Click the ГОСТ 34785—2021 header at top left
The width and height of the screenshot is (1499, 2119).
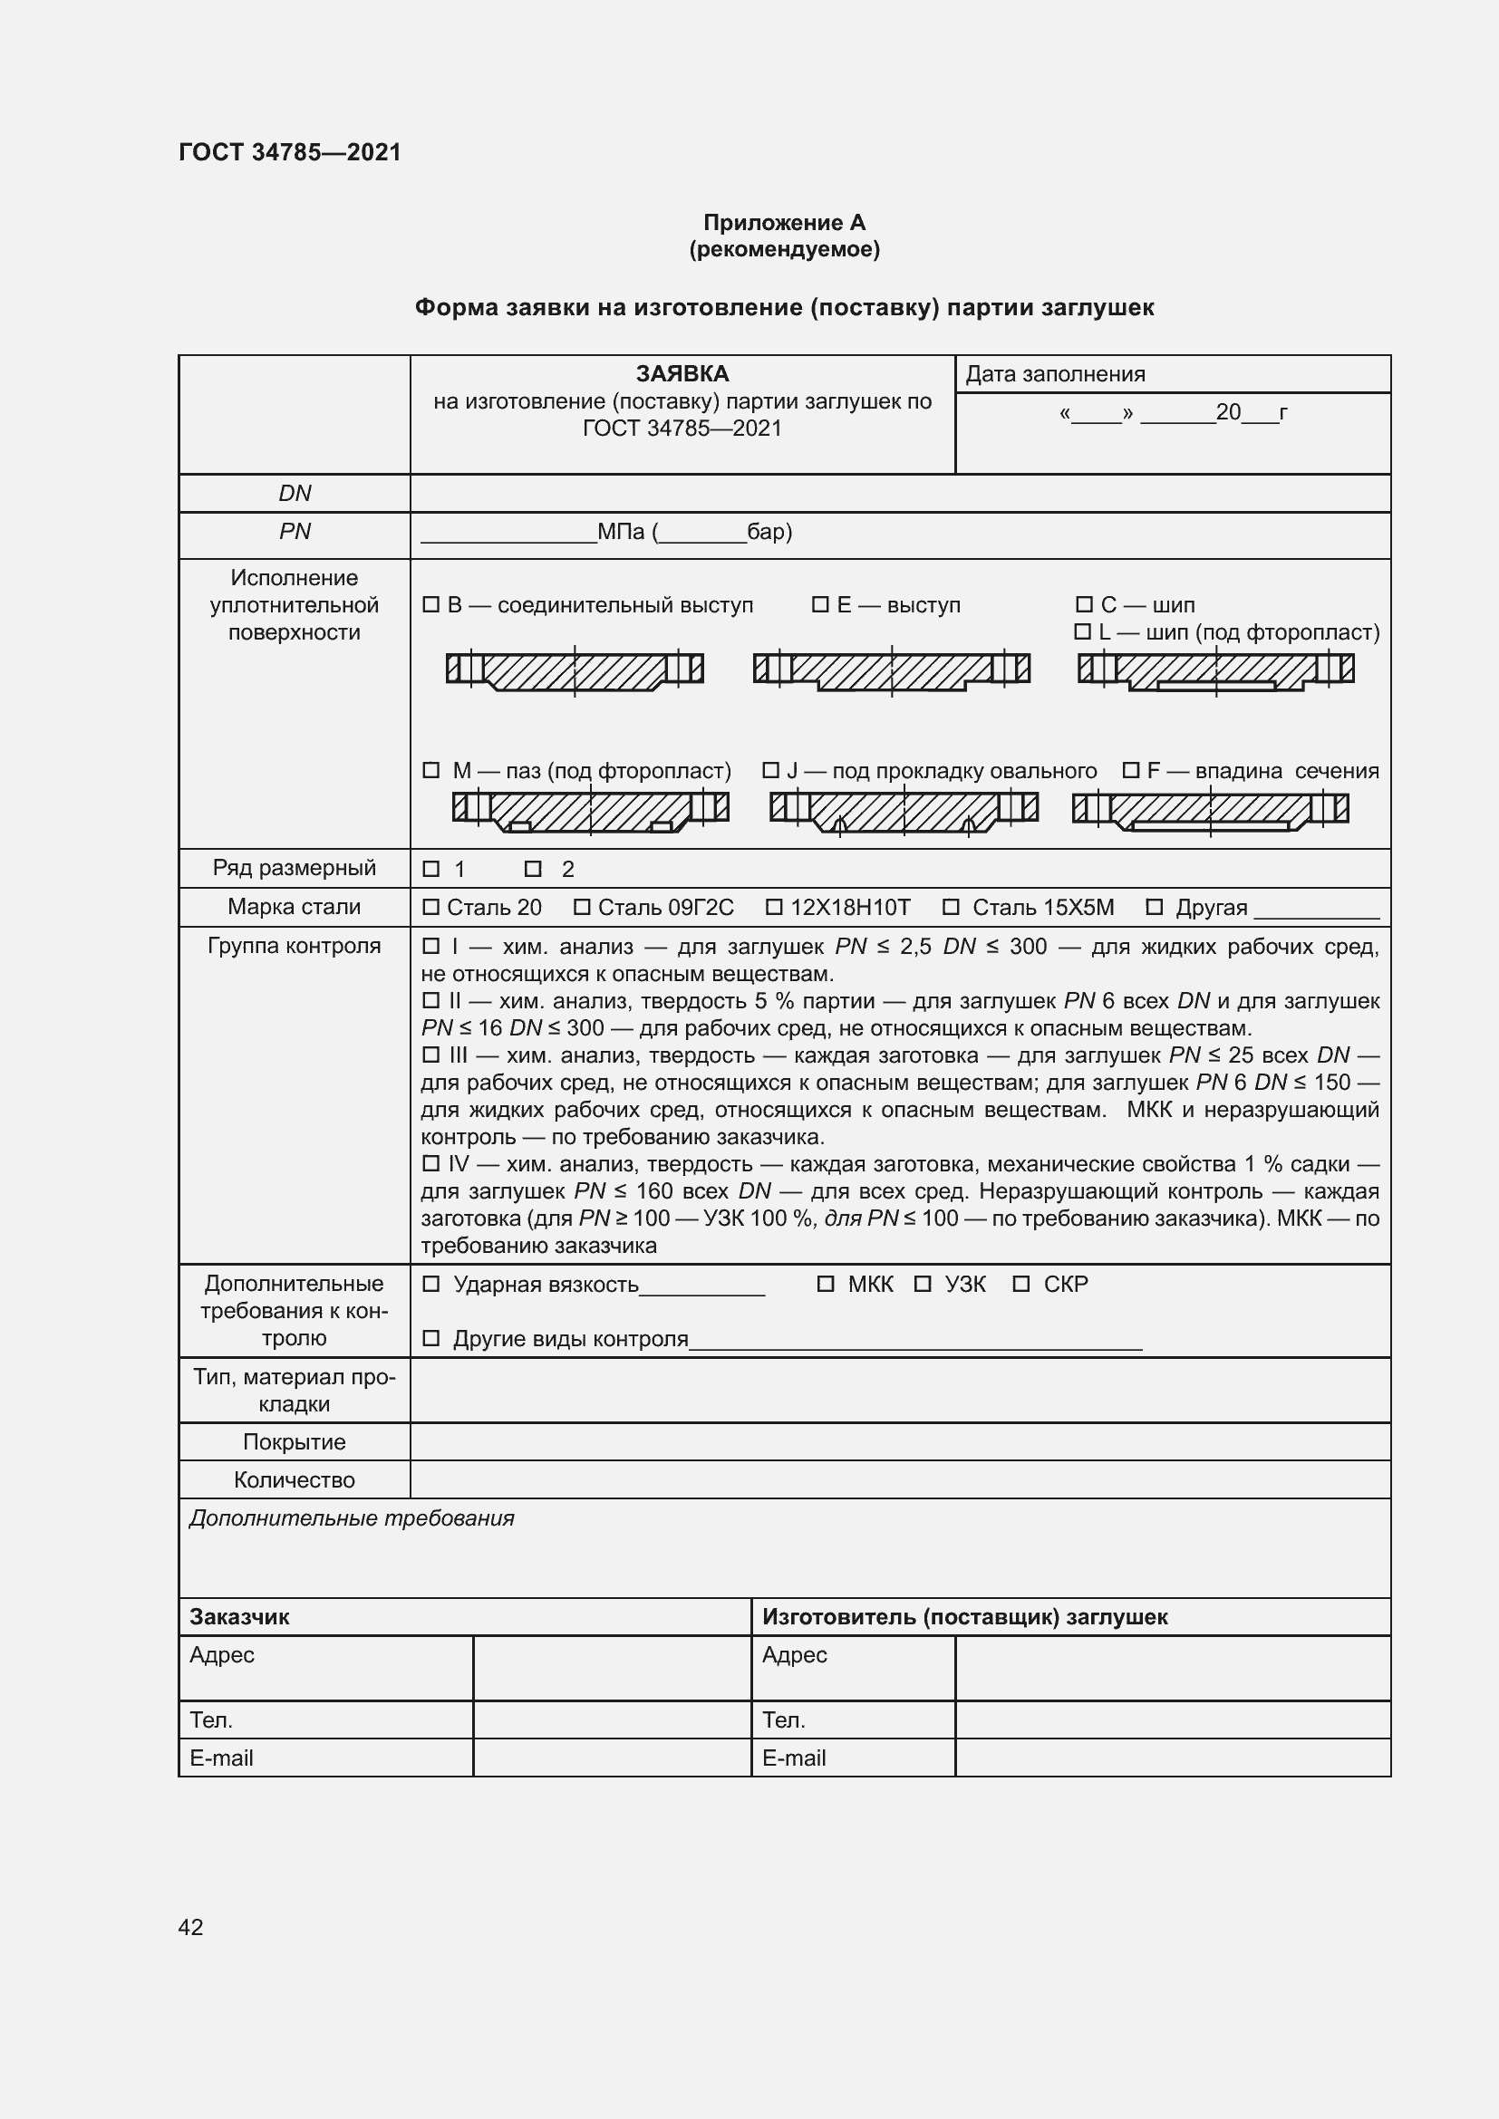pos(290,152)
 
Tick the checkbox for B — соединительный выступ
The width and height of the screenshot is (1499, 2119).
pos(430,604)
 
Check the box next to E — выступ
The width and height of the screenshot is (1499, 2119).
pos(819,604)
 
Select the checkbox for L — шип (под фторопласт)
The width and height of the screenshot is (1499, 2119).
pos(1083,632)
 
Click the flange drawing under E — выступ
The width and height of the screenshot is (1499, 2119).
pos(891,670)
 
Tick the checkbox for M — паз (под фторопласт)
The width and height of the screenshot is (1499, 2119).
pos(430,770)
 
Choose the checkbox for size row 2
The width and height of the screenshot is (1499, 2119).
pos(533,869)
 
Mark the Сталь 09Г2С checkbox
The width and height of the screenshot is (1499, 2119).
pos(582,907)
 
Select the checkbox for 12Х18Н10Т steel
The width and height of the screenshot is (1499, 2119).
pos(773,907)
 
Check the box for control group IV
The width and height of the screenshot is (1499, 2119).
pos(430,1164)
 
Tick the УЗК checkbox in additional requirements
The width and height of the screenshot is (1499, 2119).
pos(922,1284)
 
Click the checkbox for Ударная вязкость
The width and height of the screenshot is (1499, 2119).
pos(430,1284)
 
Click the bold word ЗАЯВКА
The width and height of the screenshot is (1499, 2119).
pos(682,374)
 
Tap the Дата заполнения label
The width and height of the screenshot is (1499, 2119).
pos(1055,375)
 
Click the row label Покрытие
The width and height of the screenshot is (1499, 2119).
pos(295,1441)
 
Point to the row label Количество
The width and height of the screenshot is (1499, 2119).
pos(295,1479)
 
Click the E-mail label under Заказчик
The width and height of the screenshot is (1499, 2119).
pos(221,1758)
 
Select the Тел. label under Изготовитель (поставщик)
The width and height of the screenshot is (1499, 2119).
pos(784,1720)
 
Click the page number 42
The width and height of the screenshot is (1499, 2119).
pos(190,1927)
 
